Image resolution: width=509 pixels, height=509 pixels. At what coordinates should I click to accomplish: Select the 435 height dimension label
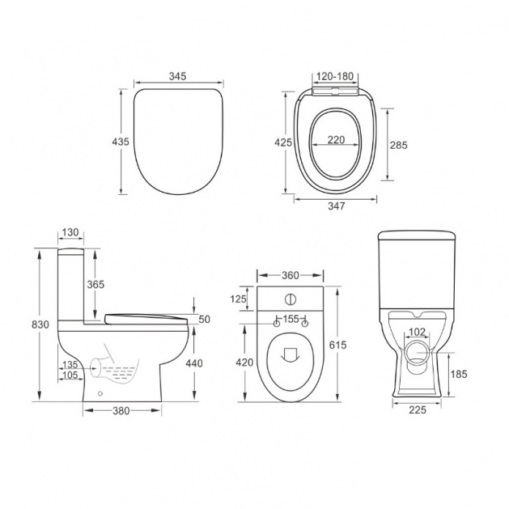pyautogui.click(x=120, y=142)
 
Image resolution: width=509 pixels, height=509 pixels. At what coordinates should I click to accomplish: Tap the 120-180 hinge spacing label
pyautogui.click(x=336, y=76)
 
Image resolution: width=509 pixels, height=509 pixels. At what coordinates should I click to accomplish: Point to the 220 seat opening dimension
pyautogui.click(x=336, y=139)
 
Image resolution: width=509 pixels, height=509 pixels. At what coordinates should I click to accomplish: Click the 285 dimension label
pyautogui.click(x=398, y=146)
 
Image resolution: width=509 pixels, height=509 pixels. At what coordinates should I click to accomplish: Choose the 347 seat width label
pyautogui.click(x=336, y=206)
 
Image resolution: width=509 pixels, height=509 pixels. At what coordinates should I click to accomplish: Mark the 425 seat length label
pyautogui.click(x=283, y=142)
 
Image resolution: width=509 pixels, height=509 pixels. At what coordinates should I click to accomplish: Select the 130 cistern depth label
pyautogui.click(x=70, y=232)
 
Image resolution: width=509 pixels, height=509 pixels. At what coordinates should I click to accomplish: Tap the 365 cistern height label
pyautogui.click(x=96, y=284)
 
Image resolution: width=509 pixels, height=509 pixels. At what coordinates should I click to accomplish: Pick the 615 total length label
pyautogui.click(x=338, y=345)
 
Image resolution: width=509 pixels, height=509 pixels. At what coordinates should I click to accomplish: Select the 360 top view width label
pyautogui.click(x=291, y=274)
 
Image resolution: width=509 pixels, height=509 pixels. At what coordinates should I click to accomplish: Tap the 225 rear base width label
pyautogui.click(x=418, y=410)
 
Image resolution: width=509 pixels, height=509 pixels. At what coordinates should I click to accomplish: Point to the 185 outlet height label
pyautogui.click(x=460, y=375)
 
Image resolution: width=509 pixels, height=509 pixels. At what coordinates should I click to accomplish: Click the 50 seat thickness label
pyautogui.click(x=204, y=319)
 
